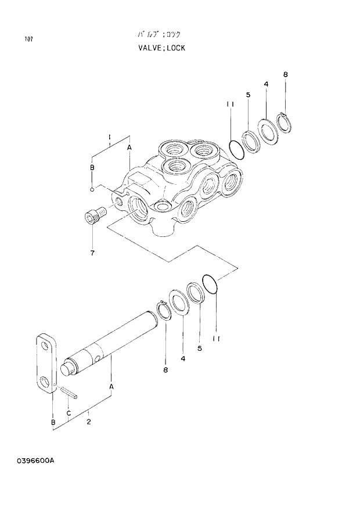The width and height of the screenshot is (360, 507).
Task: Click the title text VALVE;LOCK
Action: coord(162,48)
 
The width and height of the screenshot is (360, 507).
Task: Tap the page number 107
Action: coord(28,39)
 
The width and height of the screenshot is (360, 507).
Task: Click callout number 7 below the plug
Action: coord(92,253)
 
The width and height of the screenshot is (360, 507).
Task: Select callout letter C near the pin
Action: coord(69,413)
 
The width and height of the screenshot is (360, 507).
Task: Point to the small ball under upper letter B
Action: coord(92,189)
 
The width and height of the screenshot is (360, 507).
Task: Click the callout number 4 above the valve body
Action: coord(265,84)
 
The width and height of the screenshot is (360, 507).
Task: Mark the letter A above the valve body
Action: coord(129,148)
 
